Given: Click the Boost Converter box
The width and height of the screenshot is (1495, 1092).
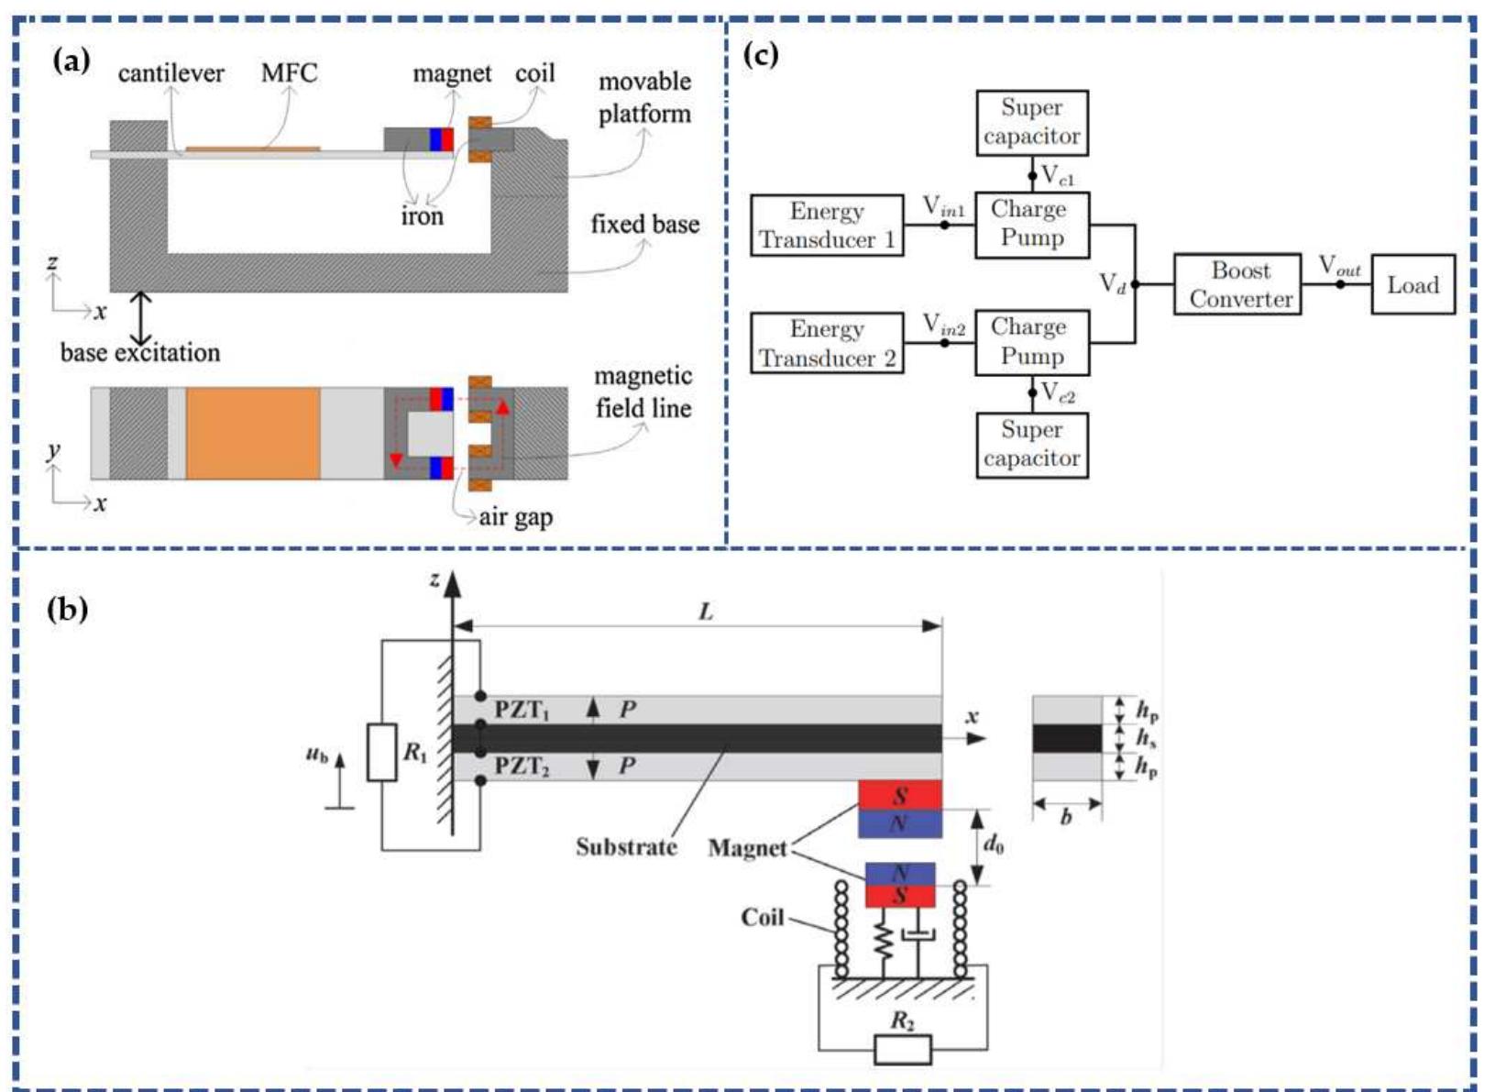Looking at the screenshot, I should pos(1237,284).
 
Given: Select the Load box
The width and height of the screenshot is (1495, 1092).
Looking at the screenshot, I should pos(1413,284).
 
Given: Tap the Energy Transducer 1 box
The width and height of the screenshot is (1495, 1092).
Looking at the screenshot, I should pos(827,226).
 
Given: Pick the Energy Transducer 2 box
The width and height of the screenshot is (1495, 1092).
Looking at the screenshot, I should pos(827,343).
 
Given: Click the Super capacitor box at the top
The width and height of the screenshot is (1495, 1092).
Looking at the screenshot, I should pos(1032,122).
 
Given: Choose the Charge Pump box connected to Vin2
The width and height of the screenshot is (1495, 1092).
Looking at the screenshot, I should pos(1032,342).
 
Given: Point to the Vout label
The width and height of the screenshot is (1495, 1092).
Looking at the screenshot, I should pos(1339,266).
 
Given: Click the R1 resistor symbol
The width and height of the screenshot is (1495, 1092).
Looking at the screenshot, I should pos(382,753).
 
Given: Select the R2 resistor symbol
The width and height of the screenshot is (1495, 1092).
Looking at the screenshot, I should pos(903,1049).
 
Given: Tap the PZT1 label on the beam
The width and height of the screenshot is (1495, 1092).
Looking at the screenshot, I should pos(522,710).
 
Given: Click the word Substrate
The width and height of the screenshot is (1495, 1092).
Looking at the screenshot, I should pos(625,846).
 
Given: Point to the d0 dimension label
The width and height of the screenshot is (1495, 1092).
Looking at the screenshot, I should pos(994,843).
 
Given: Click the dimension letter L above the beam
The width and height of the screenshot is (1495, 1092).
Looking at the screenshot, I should pos(706,612).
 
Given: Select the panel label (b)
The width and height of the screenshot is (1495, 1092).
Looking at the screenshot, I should pos(68,609).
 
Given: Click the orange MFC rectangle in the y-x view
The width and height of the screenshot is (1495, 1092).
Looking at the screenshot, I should pos(253,433).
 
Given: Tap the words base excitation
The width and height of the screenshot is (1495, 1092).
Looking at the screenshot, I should pos(140,352).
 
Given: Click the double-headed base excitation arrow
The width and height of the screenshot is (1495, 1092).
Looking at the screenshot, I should pos(141,317).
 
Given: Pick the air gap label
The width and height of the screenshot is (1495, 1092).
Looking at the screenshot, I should pos(516,517).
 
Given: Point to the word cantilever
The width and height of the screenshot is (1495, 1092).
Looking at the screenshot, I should pos(171,73).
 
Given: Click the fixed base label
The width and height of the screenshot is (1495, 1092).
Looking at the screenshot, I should pos(644,225).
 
